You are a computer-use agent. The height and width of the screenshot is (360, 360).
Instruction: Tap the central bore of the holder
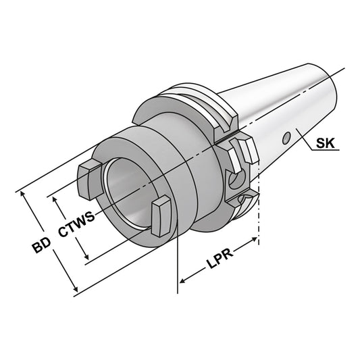tap(128, 193)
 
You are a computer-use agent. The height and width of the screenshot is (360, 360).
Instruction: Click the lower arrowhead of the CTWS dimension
tap(86, 259)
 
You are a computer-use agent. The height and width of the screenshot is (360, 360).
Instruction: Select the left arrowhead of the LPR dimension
tap(181, 280)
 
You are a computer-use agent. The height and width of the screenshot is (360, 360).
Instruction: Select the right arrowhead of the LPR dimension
tap(255, 238)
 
